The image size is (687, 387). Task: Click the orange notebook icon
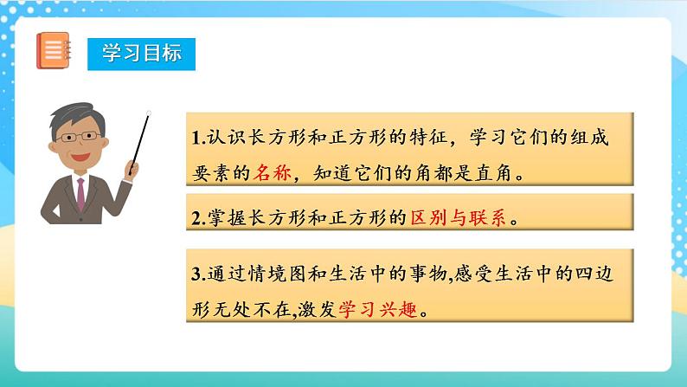coord(53,50)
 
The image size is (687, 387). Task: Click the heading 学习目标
coord(141,53)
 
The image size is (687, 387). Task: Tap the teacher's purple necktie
coord(80,193)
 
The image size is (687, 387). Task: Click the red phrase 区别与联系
coord(457,218)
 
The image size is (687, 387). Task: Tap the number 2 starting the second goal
coord(196,219)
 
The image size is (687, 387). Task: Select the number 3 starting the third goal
coord(196,275)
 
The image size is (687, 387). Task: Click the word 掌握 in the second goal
coord(227,219)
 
